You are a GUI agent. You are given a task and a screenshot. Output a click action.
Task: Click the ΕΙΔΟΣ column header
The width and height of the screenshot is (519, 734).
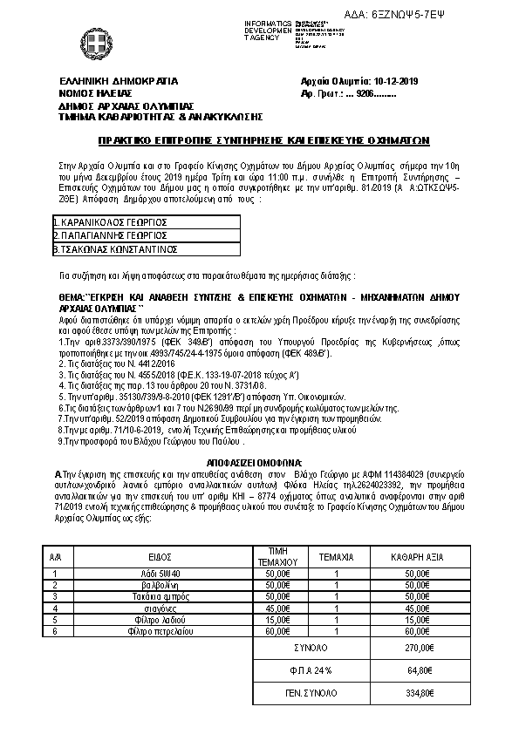(159, 554)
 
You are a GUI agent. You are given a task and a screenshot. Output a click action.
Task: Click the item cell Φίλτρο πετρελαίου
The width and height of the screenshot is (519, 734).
(159, 630)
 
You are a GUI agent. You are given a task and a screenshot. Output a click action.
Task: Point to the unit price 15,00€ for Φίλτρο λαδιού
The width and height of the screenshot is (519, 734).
(276, 619)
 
